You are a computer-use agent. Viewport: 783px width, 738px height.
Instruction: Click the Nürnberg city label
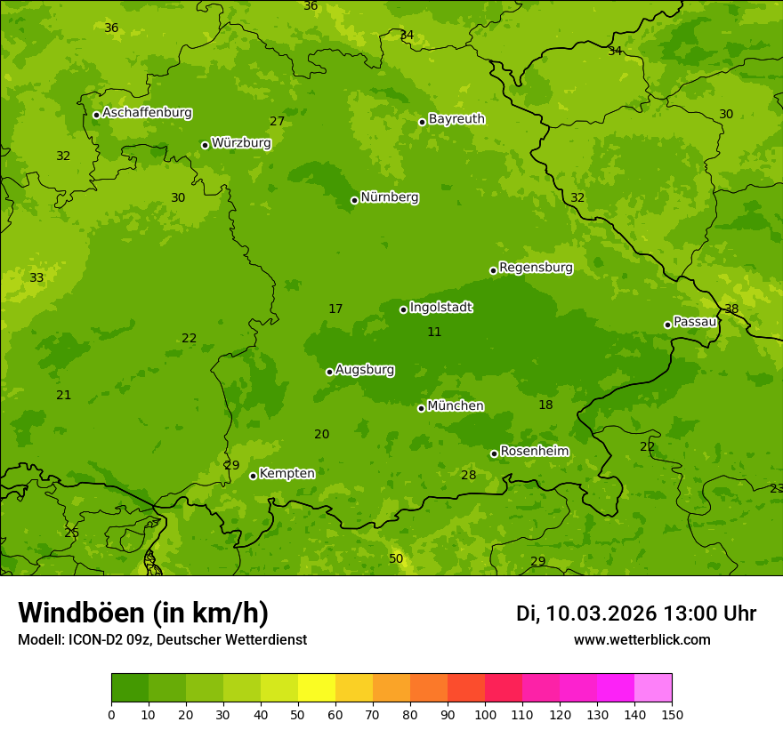pyautogui.click(x=389, y=197)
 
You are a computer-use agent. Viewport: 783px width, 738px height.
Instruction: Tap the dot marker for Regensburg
pyautogui.click(x=493, y=270)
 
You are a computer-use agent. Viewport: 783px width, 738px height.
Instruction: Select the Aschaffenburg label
pyautogui.click(x=147, y=113)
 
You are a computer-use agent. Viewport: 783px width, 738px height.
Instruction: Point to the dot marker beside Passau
pyautogui.click(x=667, y=325)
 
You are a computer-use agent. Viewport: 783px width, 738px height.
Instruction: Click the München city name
pyautogui.click(x=456, y=406)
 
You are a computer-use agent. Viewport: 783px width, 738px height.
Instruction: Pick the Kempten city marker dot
pyautogui.click(x=253, y=476)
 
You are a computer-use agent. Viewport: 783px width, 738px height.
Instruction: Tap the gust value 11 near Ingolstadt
pyautogui.click(x=434, y=332)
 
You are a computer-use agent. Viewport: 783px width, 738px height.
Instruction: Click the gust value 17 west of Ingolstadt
pyautogui.click(x=335, y=309)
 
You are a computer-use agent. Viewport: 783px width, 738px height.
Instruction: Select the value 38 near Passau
pyautogui.click(x=731, y=309)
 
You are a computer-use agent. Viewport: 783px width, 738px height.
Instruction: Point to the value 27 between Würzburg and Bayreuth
pyautogui.click(x=278, y=121)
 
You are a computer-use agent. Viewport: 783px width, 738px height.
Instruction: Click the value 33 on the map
pyautogui.click(x=36, y=277)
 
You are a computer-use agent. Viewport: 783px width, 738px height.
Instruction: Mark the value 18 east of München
pyautogui.click(x=545, y=405)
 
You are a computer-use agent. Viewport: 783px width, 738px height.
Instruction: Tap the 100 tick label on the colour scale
pyautogui.click(x=485, y=714)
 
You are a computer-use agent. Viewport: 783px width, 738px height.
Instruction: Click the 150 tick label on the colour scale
pyautogui.click(x=672, y=714)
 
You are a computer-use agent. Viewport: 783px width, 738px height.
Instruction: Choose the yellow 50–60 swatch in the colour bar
pyautogui.click(x=317, y=688)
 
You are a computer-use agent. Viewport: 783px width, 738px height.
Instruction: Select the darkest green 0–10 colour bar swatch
pyautogui.click(x=130, y=688)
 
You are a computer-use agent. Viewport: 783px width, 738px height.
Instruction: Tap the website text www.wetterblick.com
pyautogui.click(x=642, y=639)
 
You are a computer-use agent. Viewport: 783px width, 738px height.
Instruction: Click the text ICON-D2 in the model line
pyautogui.click(x=97, y=639)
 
